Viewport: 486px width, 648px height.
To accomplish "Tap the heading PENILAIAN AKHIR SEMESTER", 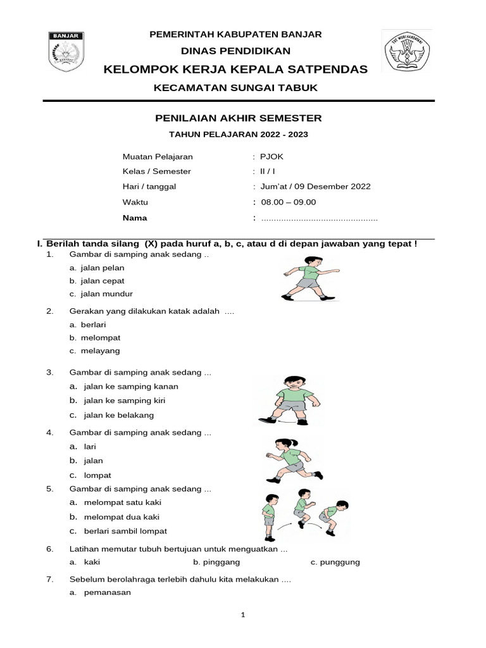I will pos(239,118).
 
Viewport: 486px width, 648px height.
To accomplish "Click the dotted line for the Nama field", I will pos(320,218).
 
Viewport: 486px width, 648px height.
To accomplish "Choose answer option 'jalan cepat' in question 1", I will pos(103,280).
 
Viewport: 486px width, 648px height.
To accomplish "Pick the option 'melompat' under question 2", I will pos(101,337).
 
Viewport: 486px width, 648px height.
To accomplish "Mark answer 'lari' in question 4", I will pos(89,446).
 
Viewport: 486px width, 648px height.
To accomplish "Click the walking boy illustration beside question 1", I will pos(308,278).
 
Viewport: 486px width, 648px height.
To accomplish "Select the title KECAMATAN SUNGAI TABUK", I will pos(236,87).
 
